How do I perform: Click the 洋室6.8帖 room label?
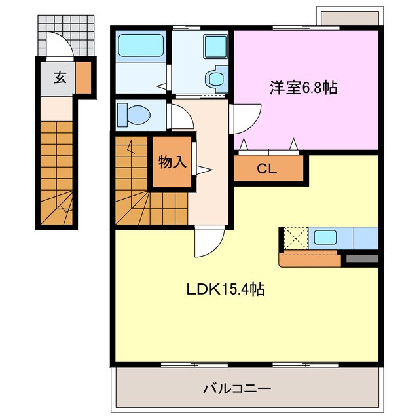[302, 87]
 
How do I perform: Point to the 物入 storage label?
[173, 162]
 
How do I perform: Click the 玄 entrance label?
[60, 77]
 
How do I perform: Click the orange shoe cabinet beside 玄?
[84, 77]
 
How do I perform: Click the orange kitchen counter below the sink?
[310, 259]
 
